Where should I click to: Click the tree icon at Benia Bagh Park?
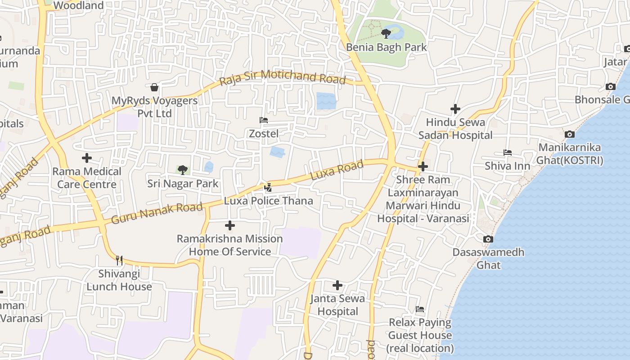(386, 33)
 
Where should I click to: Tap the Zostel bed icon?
(264, 120)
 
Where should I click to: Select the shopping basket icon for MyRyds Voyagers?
(154, 87)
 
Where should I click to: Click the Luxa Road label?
(337, 171)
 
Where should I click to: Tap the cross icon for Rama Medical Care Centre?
(87, 158)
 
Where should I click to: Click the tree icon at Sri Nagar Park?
(182, 170)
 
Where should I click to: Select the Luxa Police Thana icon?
(268, 187)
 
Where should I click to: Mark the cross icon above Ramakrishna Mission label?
(230, 225)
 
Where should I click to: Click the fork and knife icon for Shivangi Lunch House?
(119, 260)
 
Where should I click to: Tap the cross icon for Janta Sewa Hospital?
(337, 285)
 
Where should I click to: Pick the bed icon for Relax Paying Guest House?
(420, 309)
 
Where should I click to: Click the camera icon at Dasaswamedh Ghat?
(488, 239)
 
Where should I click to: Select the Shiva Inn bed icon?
(508, 153)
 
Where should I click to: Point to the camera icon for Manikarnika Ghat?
(569, 134)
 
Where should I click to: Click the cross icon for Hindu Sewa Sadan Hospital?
(455, 109)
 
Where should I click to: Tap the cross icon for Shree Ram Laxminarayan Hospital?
(423, 166)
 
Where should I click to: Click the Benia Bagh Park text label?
(386, 47)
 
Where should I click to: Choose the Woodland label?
(78, 5)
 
